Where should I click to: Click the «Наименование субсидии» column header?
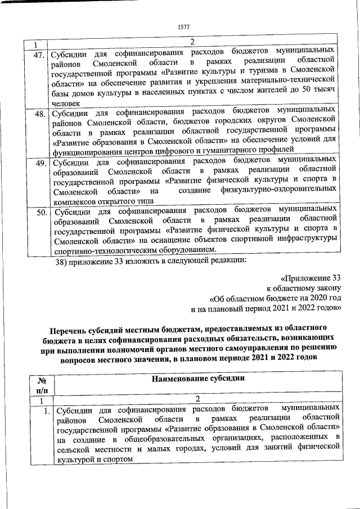(199, 379)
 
